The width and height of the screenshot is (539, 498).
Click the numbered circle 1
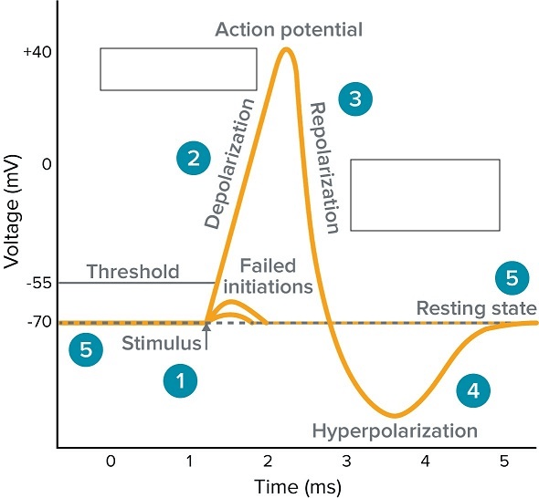coord(181,380)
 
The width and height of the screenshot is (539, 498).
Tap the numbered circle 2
coord(194,158)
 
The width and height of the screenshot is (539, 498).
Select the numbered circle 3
coord(355,99)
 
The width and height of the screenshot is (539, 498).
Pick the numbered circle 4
coord(473,390)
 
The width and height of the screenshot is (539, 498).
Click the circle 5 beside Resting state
coord(513,277)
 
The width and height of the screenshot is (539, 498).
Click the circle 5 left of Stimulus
coord(86,349)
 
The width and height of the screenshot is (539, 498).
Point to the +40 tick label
coord(37,52)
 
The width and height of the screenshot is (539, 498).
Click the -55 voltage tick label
coord(39,283)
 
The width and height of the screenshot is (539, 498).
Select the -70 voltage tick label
coord(39,322)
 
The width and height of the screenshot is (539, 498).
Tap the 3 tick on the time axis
coord(346,461)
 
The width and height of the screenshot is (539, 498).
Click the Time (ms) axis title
coord(298,487)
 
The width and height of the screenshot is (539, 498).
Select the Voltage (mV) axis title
coord(11,212)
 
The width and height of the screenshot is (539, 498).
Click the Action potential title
coord(289,30)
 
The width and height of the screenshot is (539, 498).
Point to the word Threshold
coord(133,272)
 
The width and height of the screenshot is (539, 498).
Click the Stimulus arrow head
coord(206,327)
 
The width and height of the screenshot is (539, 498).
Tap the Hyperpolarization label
coord(395,431)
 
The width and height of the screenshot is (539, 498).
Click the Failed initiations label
coord(268,276)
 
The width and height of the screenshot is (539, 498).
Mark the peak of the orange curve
coord(286,49)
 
